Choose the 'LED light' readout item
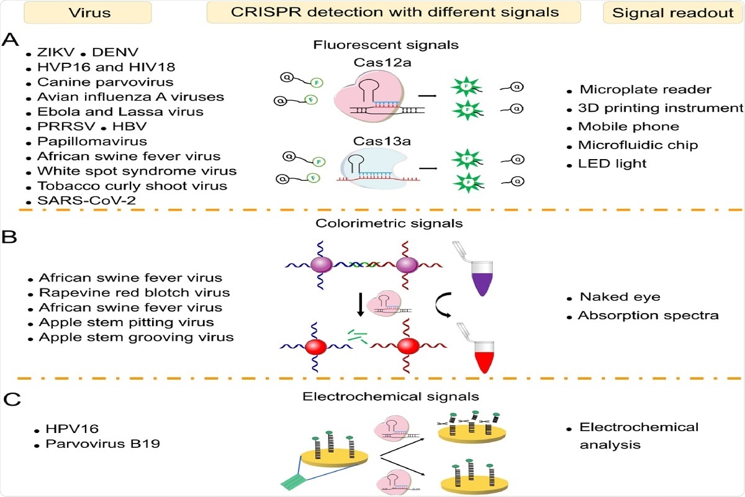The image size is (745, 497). point(612,164)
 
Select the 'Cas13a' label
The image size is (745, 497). point(371,142)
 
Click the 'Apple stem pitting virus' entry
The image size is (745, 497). point(127,322)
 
